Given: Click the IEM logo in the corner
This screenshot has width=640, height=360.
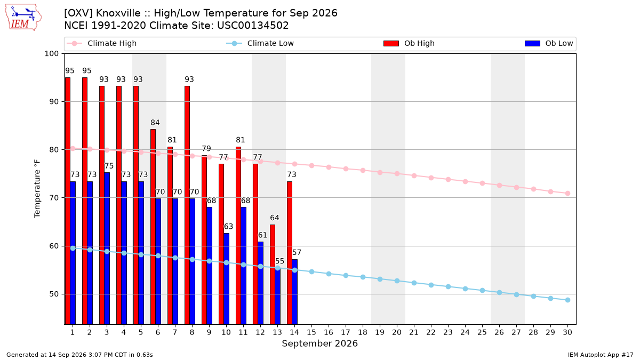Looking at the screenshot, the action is [23, 18].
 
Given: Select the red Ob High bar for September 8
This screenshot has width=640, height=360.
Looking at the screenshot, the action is [187, 205].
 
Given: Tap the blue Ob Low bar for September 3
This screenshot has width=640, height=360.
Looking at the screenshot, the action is [107, 249].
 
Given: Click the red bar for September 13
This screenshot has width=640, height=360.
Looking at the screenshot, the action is [273, 275].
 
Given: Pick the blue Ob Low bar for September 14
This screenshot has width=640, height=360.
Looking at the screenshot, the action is [294, 292].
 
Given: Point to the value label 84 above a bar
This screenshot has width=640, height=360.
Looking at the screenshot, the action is [155, 123].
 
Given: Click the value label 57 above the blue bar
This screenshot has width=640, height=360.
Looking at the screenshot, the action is [297, 252].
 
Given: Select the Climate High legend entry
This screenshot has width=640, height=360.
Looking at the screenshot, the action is [102, 43].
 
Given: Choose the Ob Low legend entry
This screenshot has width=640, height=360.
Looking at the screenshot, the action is [549, 43].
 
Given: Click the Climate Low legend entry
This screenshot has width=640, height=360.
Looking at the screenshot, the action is [260, 43].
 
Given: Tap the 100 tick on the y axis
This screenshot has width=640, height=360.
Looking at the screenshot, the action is [51, 54].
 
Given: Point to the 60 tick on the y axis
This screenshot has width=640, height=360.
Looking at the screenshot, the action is [54, 246].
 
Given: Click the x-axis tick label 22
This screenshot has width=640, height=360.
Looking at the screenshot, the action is [431, 332].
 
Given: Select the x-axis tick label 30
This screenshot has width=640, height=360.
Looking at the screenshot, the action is [567, 332].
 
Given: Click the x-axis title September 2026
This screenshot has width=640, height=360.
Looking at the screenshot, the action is [319, 343].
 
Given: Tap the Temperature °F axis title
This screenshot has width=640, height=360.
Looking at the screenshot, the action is [37, 189].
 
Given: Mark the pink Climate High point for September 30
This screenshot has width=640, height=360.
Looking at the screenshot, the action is [567, 194].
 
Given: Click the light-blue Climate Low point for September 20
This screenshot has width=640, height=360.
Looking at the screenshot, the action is [397, 281].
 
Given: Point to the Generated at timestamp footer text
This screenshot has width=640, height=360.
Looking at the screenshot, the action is [79, 355].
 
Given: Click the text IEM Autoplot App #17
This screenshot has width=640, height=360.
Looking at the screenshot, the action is [601, 355].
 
